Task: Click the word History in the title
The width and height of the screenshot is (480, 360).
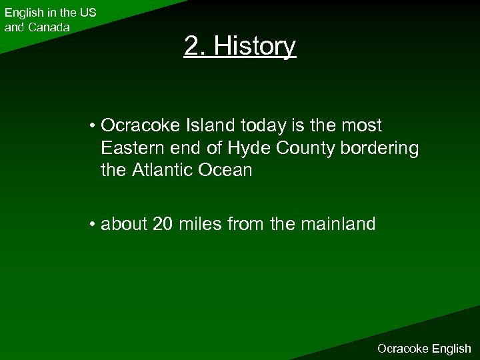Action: point(259,47)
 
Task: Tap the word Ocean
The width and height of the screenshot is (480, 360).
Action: point(227,170)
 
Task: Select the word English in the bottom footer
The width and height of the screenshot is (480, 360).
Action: point(451,348)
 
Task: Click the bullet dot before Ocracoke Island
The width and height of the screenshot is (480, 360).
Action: point(91,126)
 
